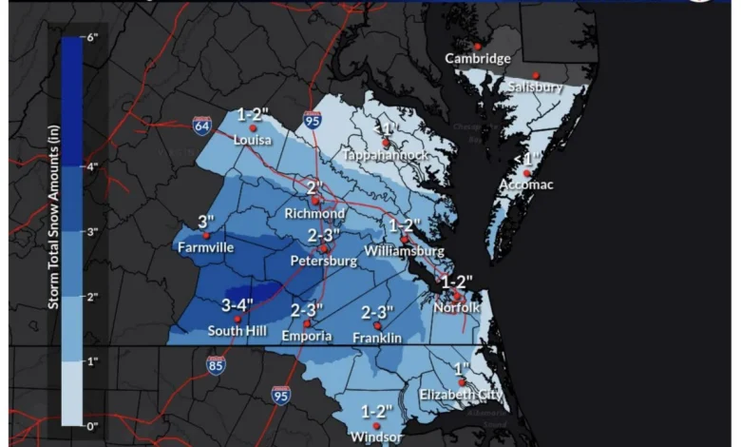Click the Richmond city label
click(314, 214)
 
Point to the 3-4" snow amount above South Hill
click(238, 305)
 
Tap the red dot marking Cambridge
click(478, 46)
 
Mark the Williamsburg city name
click(405, 251)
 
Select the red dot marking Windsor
click(376, 426)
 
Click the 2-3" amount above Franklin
click(377, 313)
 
